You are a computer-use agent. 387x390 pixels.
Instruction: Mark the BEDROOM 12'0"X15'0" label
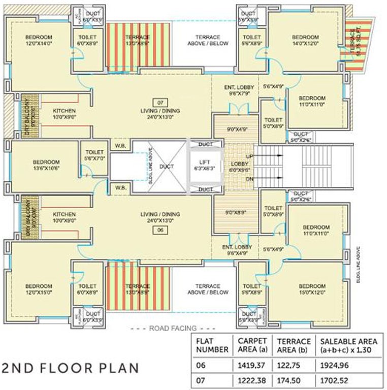[39, 289]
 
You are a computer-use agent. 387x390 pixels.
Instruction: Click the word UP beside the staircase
[249, 156]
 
